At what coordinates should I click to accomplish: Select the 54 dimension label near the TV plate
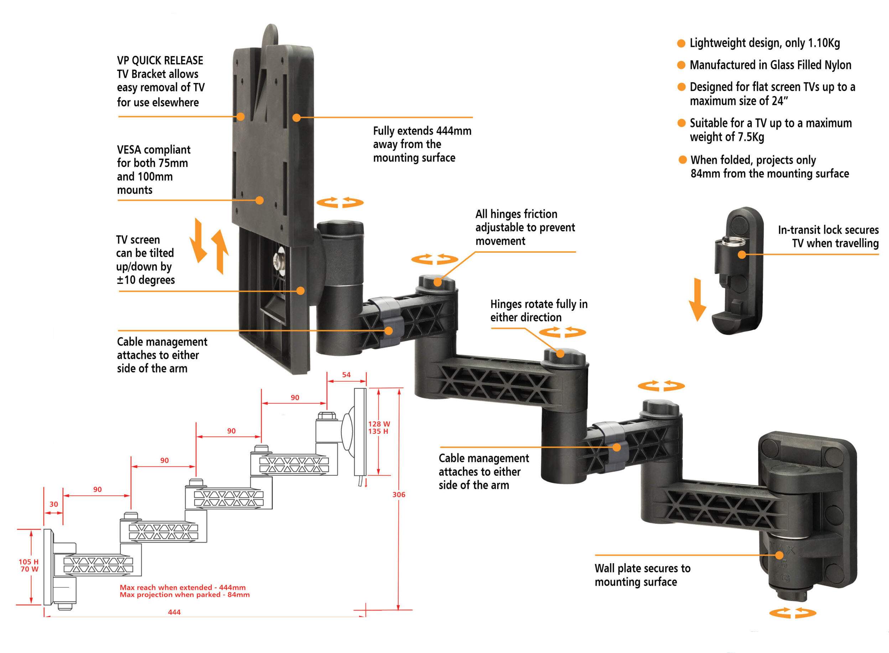click(x=346, y=374)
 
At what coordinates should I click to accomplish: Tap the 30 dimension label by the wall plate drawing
click(x=53, y=504)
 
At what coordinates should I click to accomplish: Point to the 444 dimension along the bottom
click(x=174, y=612)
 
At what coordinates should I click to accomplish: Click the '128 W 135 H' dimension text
click(x=379, y=427)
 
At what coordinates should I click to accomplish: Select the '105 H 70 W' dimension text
click(x=29, y=565)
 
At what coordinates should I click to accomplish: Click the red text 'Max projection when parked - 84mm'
click(x=184, y=595)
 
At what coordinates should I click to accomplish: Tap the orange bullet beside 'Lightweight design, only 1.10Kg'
click(x=681, y=43)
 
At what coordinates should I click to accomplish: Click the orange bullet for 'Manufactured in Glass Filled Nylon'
click(x=681, y=65)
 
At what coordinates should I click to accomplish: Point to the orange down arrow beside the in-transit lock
click(x=697, y=299)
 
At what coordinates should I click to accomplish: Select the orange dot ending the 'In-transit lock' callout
click(x=742, y=254)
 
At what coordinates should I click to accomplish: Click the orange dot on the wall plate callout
click(x=779, y=555)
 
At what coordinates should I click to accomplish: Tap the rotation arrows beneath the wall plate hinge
click(x=792, y=613)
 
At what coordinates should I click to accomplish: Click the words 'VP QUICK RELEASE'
click(x=160, y=60)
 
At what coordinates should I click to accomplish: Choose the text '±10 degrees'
click(x=145, y=280)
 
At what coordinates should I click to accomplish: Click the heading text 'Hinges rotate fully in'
click(x=539, y=304)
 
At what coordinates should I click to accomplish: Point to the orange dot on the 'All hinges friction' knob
click(x=437, y=282)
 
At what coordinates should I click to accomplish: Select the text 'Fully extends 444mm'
click(x=422, y=131)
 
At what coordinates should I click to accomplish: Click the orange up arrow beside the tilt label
click(x=220, y=251)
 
